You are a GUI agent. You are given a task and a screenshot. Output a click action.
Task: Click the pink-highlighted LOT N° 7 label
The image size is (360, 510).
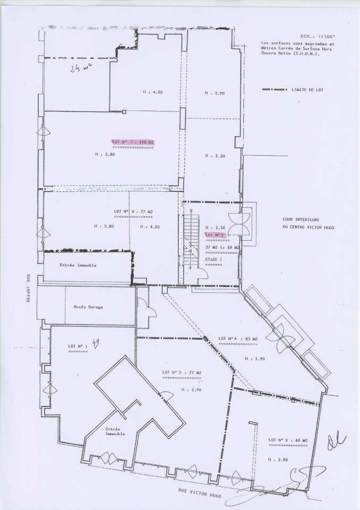coord(133,142)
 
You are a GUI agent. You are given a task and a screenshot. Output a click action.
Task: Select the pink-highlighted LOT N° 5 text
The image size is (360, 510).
coord(216,234)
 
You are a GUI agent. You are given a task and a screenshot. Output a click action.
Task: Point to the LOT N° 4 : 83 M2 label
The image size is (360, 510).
coord(238,338)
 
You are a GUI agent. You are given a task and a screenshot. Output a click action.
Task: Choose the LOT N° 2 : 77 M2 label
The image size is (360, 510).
coord(182,372)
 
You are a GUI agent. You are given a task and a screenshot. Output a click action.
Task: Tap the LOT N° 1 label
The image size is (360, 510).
coord(78,346)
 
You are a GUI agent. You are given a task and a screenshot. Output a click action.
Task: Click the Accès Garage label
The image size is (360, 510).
coord(88,307)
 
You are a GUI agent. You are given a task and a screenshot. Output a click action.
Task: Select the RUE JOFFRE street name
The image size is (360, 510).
coord(29,288)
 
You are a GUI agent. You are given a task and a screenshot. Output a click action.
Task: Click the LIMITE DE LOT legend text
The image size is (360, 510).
coord(307,90)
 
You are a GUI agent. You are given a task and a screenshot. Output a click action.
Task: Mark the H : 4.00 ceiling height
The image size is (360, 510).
coord(152,92)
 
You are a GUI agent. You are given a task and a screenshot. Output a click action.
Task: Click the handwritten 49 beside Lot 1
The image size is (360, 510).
coord(96,343)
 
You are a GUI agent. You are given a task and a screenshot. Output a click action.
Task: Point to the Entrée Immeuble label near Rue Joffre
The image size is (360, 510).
coord(78,265)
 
